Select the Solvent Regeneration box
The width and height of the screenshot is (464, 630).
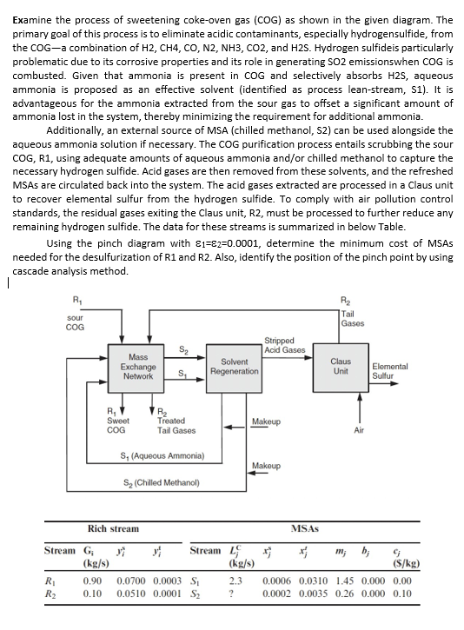pos(234,366)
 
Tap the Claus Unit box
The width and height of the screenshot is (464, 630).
pos(341,366)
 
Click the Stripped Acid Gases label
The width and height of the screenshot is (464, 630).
pos(285,344)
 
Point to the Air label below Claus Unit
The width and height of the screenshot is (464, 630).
pos(357,429)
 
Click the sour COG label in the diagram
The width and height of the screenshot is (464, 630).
pos(76,321)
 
